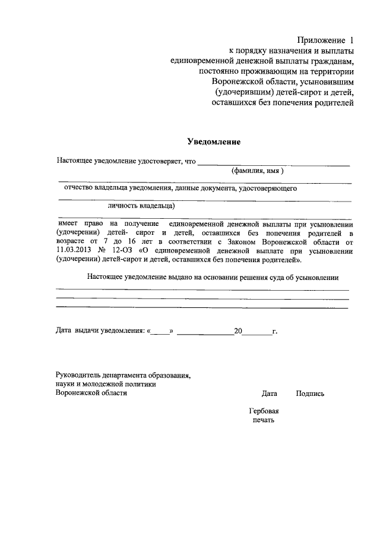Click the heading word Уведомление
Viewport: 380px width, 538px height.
tap(213, 142)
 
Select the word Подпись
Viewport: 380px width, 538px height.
tap(309, 394)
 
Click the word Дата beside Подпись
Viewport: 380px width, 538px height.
tap(269, 394)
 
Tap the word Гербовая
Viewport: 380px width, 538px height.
tap(264, 411)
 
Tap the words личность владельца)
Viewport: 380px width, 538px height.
tap(141, 206)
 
